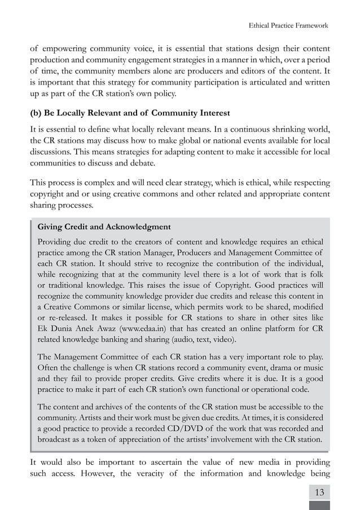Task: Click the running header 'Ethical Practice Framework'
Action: tap(288, 25)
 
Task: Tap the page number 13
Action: tap(320, 492)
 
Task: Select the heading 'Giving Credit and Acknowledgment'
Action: tap(104, 227)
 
